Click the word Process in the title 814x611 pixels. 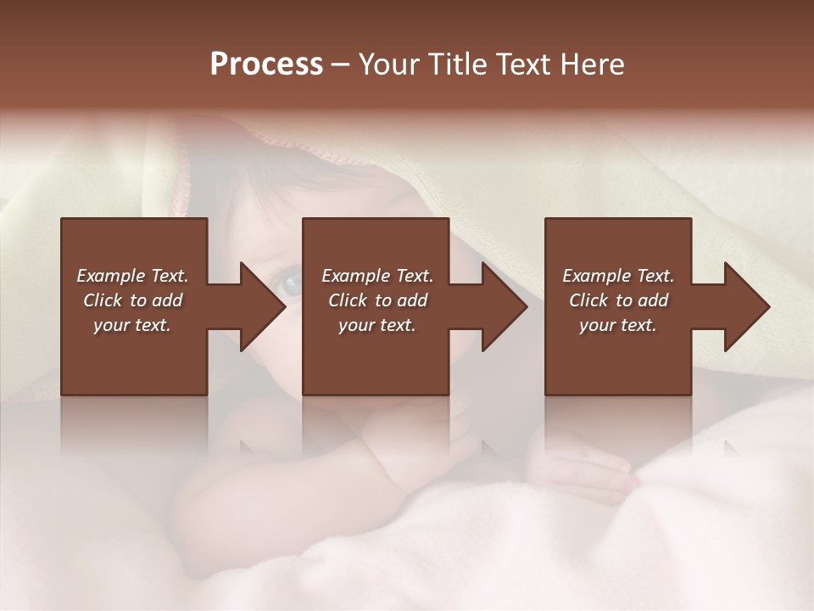point(266,64)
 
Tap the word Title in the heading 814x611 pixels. point(459,64)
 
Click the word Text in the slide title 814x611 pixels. point(522,64)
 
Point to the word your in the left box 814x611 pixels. point(111,325)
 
